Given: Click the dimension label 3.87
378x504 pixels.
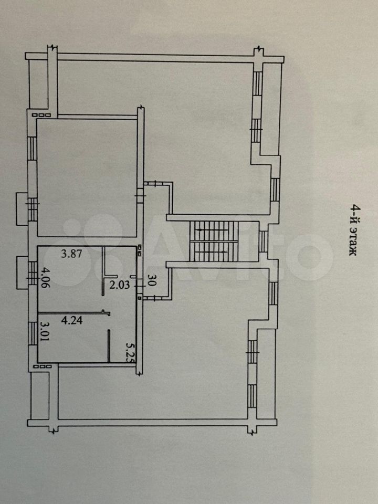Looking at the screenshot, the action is click(x=72, y=254).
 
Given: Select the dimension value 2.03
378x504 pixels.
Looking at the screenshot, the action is click(x=120, y=285).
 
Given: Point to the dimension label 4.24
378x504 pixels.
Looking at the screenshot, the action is click(x=72, y=320).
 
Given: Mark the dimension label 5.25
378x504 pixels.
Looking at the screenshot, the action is click(x=130, y=352).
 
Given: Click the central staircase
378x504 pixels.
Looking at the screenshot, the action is click(x=214, y=241).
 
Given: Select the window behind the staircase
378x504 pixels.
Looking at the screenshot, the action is click(x=263, y=241).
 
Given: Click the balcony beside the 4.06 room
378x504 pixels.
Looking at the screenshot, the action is click(x=22, y=272).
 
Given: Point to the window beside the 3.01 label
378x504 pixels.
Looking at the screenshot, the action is click(x=33, y=333).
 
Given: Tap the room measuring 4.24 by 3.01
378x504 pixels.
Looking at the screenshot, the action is click(x=73, y=338).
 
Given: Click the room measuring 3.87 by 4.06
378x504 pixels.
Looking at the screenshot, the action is click(x=70, y=279).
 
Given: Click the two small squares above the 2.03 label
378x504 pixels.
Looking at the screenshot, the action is click(x=140, y=250).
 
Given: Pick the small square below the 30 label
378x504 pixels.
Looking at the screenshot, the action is click(x=140, y=298).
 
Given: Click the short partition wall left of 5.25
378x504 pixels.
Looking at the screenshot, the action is click(x=109, y=346).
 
